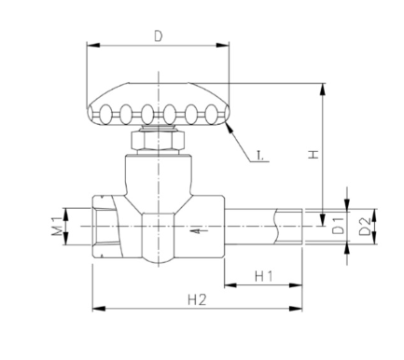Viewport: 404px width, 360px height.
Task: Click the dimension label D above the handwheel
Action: pos(159,36)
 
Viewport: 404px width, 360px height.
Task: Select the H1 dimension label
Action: pos(264,276)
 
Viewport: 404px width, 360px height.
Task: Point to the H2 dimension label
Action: pos(197,299)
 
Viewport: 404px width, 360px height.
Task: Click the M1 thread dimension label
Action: pos(57,227)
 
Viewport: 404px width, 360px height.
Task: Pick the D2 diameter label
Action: pos(365,226)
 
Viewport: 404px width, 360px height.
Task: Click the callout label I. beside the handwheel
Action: pos(260,156)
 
